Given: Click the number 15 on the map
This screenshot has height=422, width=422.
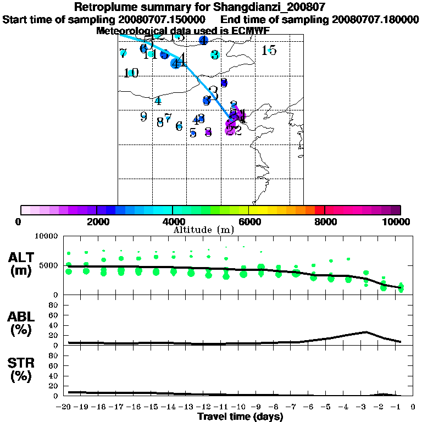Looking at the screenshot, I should [x=269, y=51].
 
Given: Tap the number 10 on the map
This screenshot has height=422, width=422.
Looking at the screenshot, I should [x=131, y=73].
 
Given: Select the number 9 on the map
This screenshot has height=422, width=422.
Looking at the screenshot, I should [x=143, y=116].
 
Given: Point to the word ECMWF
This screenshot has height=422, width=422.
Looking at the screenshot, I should [x=250, y=31].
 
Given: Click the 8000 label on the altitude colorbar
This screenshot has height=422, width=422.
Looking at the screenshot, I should [x=324, y=221].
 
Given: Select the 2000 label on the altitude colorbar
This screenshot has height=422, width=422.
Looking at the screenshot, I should [x=97, y=221].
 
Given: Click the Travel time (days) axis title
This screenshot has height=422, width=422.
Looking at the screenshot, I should [x=240, y=417].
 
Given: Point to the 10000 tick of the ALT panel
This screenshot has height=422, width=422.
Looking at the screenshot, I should [x=46, y=236].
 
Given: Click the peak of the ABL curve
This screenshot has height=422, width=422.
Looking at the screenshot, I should [x=365, y=332].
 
